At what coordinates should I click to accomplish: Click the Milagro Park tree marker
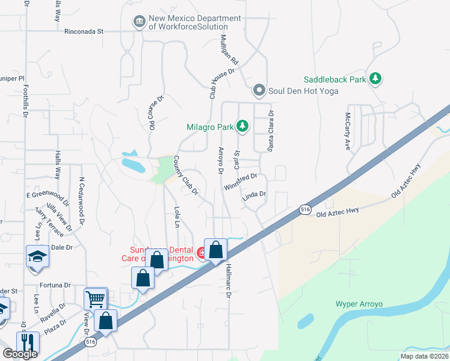[x=242, y=126]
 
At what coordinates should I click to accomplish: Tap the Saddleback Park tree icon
[x=376, y=79]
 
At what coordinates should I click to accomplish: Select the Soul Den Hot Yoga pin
[x=259, y=91]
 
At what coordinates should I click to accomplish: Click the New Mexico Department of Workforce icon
[x=140, y=22]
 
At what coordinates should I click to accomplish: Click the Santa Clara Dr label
[x=271, y=131]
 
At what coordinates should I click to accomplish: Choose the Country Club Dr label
[x=186, y=176]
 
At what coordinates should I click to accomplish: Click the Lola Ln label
[x=177, y=217]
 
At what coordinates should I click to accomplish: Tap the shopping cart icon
[x=95, y=298]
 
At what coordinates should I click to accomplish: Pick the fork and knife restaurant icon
[x=28, y=342]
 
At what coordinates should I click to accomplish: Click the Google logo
[x=20, y=354]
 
